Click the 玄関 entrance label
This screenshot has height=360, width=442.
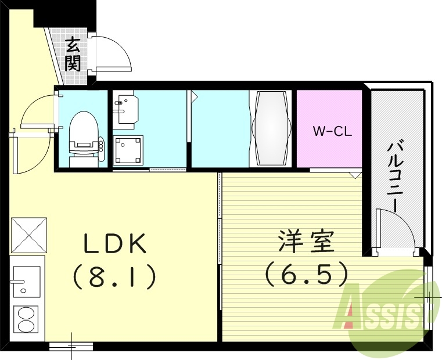pos(73,53)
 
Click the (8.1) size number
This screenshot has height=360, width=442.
pos(114,277)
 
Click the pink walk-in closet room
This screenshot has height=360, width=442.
pos(329,145)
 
